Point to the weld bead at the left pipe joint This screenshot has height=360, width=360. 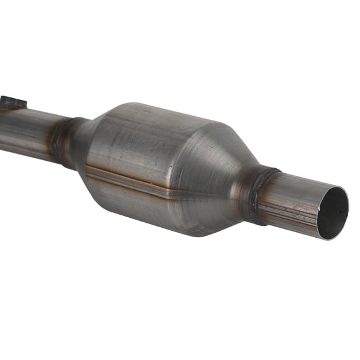(x=59, y=142)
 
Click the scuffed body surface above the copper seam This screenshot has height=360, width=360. (x=155, y=140)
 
